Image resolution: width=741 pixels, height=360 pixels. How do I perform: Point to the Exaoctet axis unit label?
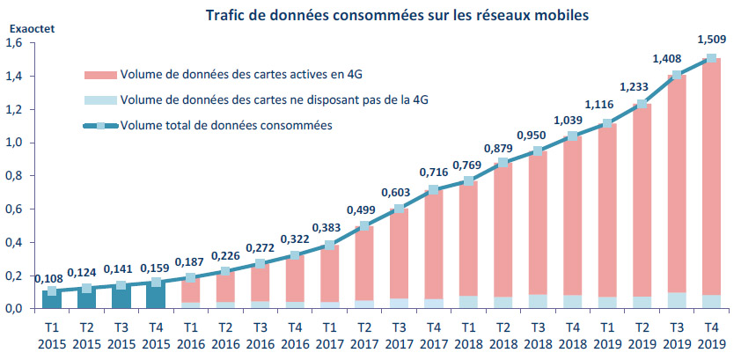coord(32,28)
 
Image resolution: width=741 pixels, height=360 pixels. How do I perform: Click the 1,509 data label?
coord(711,38)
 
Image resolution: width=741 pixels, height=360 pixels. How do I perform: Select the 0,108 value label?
coord(48,278)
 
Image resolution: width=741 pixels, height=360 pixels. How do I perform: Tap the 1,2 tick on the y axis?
coord(17,109)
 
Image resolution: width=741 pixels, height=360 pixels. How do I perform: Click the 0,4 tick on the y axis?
coord(17,242)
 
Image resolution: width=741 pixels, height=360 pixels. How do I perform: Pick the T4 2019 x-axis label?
coord(711,335)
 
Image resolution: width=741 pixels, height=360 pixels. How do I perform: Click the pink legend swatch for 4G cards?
coord(99,74)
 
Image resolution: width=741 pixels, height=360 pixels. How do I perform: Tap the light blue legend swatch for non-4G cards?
coord(99,99)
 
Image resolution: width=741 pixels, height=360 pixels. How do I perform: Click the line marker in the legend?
coord(99,125)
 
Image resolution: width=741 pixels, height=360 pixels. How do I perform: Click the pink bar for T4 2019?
coord(711,176)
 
